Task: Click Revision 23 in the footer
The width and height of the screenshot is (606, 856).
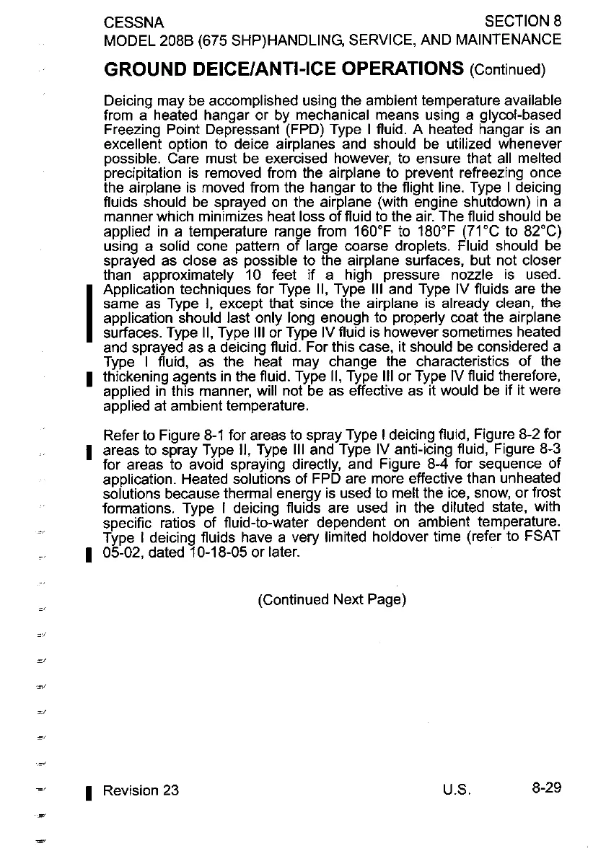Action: [141, 790]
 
